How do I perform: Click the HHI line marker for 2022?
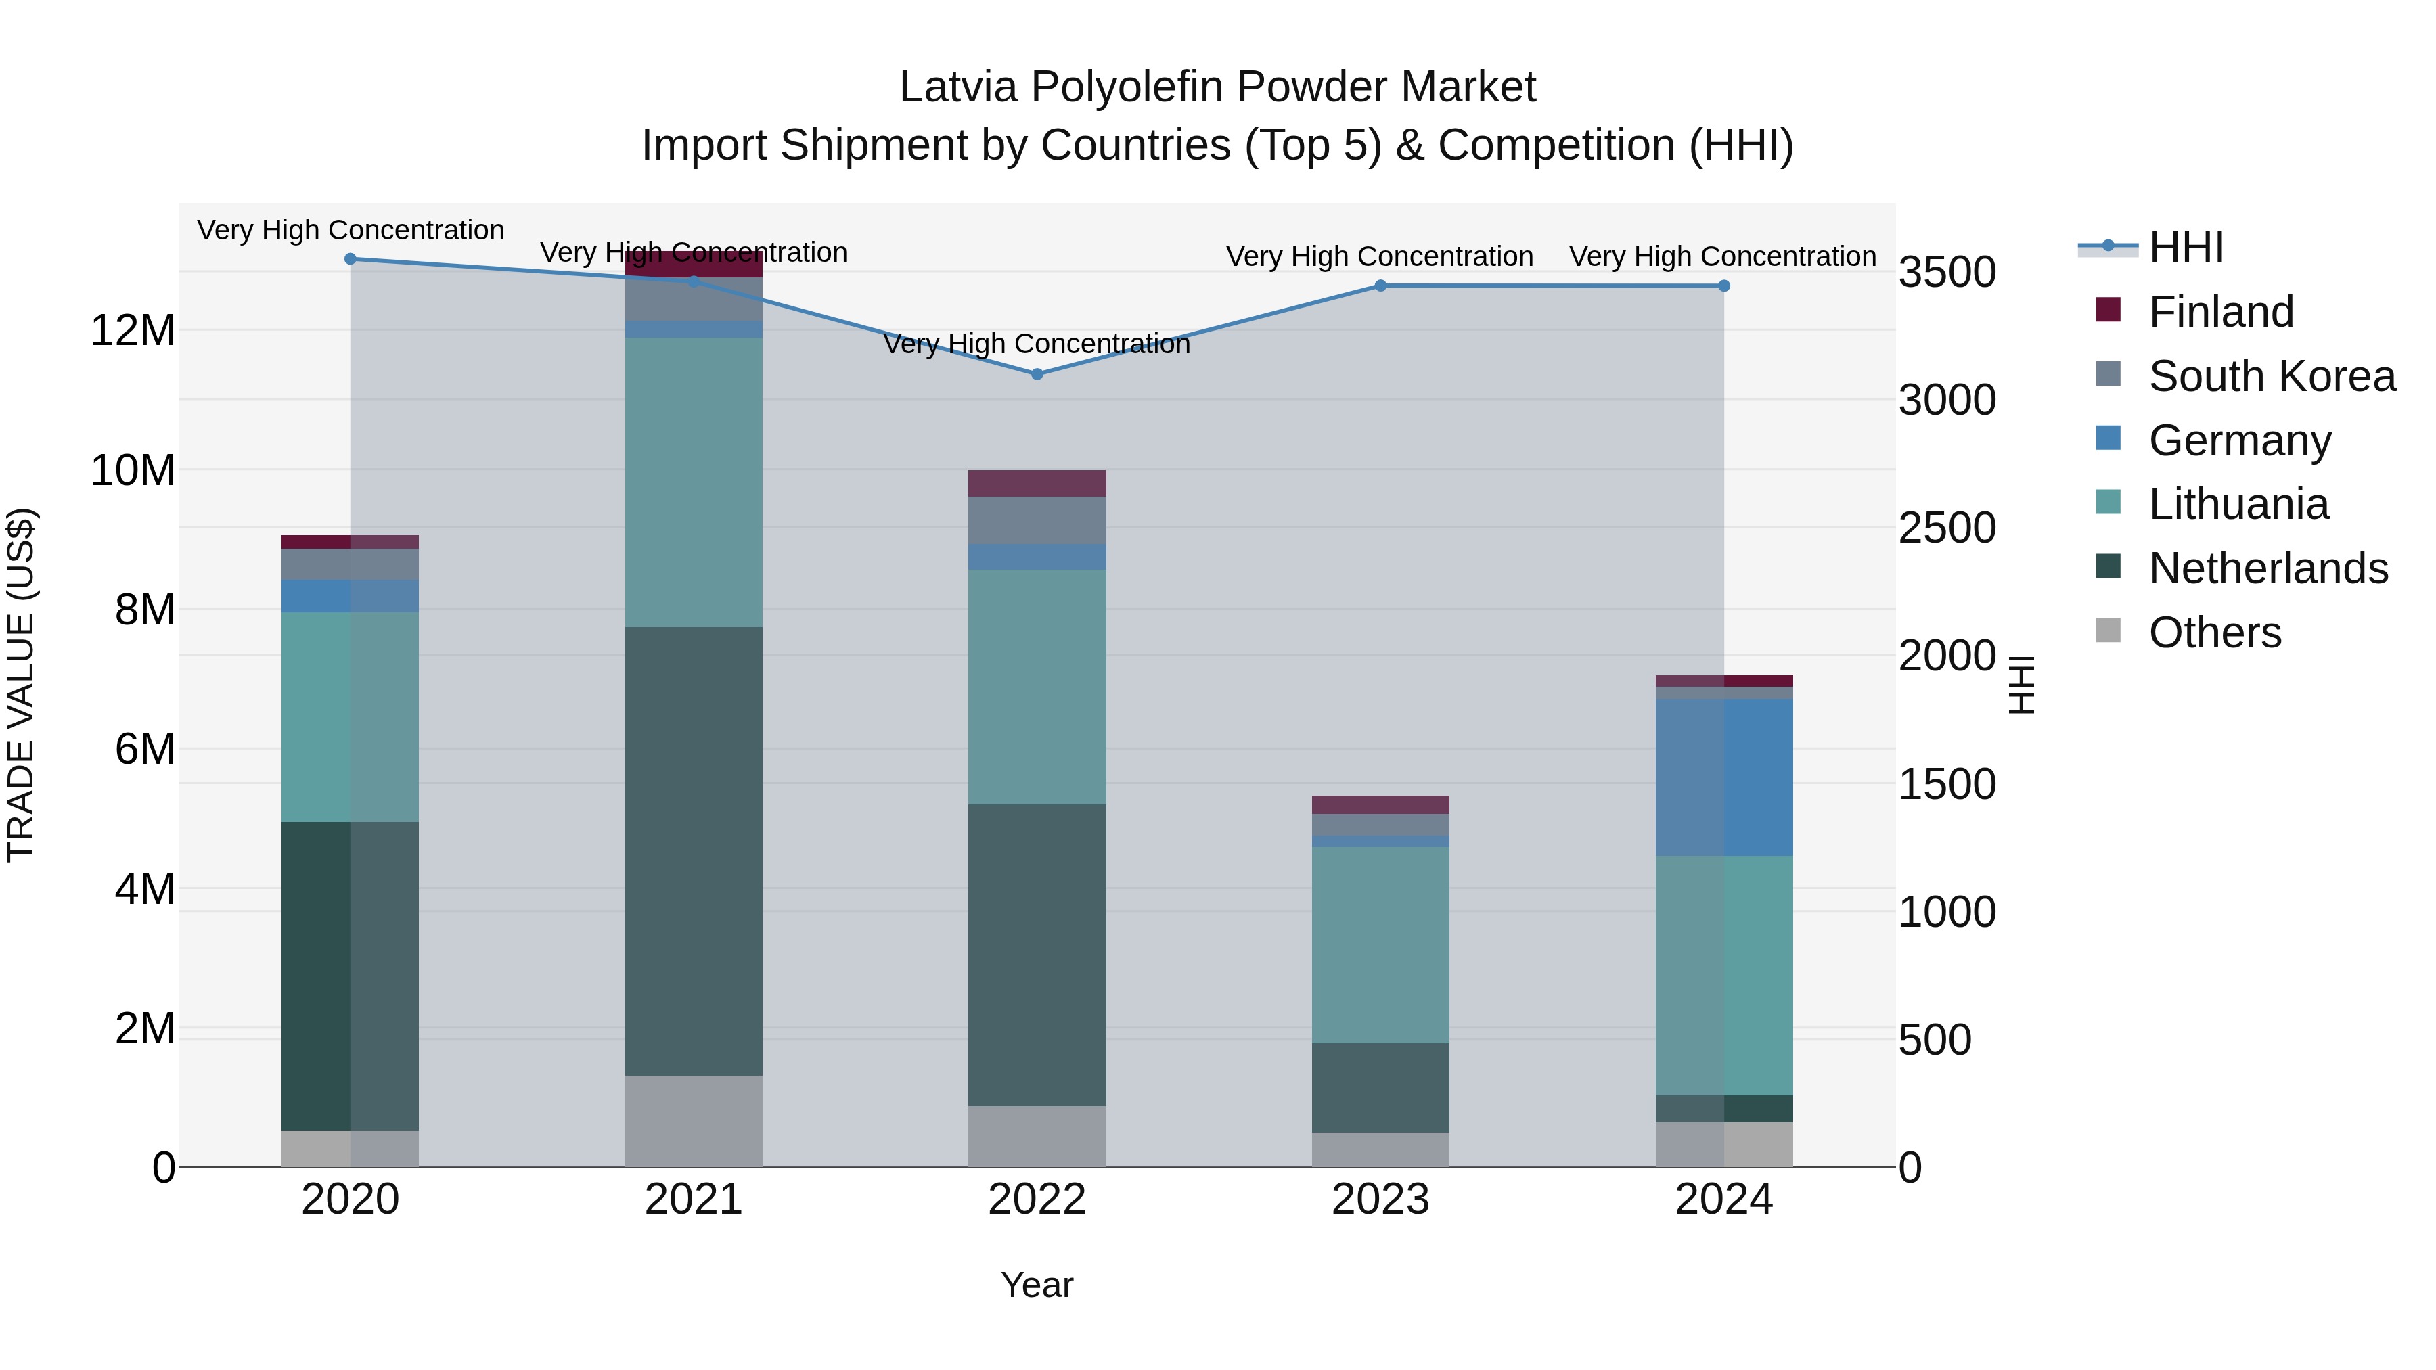point(1037,373)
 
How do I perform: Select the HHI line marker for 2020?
point(350,258)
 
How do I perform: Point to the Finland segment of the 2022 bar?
point(1037,483)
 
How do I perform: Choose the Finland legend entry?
point(2219,312)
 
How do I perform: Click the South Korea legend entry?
point(2270,376)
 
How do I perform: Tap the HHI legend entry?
point(2184,248)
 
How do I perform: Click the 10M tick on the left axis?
point(133,470)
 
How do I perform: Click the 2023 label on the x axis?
point(1380,1200)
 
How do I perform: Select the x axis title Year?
point(1037,1285)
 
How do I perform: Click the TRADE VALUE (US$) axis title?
point(21,685)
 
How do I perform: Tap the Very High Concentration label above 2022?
point(1037,344)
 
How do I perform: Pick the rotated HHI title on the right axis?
point(2021,685)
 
